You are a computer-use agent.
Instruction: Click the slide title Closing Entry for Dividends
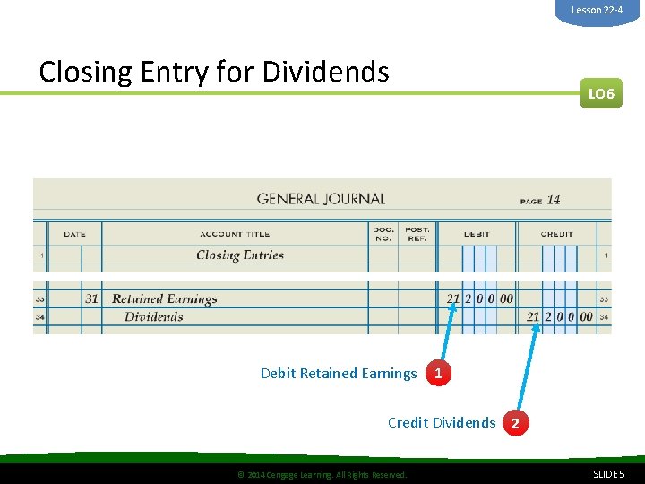pos(214,71)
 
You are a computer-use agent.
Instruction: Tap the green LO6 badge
pos(600,93)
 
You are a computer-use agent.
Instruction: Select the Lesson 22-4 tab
pos(597,10)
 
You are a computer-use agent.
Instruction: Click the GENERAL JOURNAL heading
pos(321,199)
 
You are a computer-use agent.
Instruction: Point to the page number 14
pos(554,200)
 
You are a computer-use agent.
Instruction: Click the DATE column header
pos(75,235)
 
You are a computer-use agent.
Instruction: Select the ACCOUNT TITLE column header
pos(234,235)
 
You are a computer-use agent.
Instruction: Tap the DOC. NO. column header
pos(383,234)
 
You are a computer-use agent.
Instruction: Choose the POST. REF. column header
pos(417,234)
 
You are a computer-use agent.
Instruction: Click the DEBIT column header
pos(477,235)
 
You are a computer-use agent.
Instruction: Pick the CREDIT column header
pos(556,235)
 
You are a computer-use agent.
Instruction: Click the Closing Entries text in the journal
pos(240,255)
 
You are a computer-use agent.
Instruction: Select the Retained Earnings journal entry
pos(164,299)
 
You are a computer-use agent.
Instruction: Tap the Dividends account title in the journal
pos(153,316)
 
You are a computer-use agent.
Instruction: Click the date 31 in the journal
pos(91,299)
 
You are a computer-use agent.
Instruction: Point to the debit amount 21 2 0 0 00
pos(480,298)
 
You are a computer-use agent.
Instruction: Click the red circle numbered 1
pos(437,374)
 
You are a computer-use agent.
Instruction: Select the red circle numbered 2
pos(515,423)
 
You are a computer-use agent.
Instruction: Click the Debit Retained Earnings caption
pos(339,374)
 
